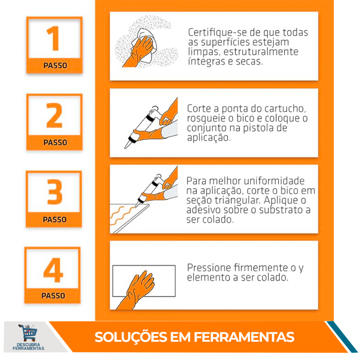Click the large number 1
click(x=54, y=38)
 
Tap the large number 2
click(x=54, y=115)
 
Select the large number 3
click(x=54, y=192)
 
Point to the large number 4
click(x=53, y=270)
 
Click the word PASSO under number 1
click(x=55, y=66)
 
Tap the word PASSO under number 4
click(x=53, y=296)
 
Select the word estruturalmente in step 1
click(x=261, y=52)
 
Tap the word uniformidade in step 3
click(x=274, y=181)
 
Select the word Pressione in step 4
click(x=209, y=268)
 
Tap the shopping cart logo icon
click(x=28, y=333)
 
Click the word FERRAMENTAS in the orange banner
click(x=244, y=337)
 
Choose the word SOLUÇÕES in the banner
click(x=131, y=337)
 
